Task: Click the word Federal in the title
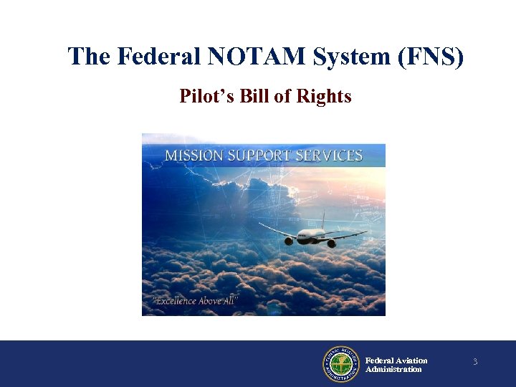click(x=158, y=57)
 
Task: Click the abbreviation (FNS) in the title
click(x=429, y=57)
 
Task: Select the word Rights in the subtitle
click(x=327, y=96)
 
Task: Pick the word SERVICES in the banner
click(x=333, y=156)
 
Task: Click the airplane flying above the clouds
click(x=311, y=234)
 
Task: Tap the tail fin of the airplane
click(x=323, y=219)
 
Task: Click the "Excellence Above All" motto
click(x=193, y=300)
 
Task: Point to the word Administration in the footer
click(x=393, y=369)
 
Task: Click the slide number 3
click(x=474, y=363)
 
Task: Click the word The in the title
click(x=85, y=57)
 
